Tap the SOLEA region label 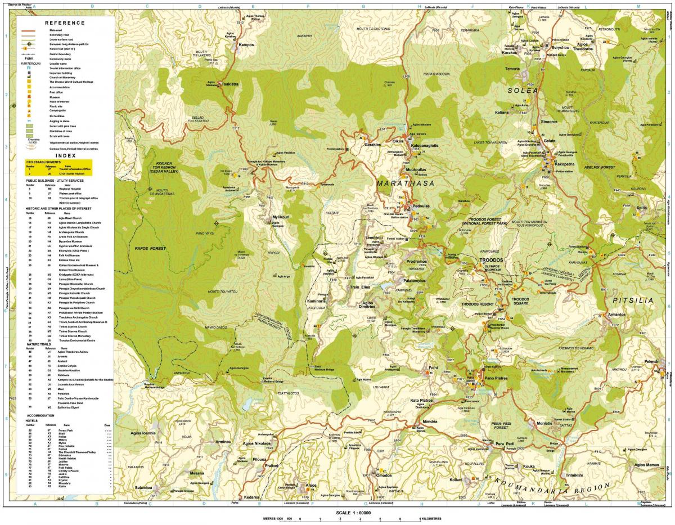[x=523, y=90]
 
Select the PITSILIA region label [x=634, y=300]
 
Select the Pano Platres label [x=495, y=379]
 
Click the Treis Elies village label [x=359, y=286]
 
